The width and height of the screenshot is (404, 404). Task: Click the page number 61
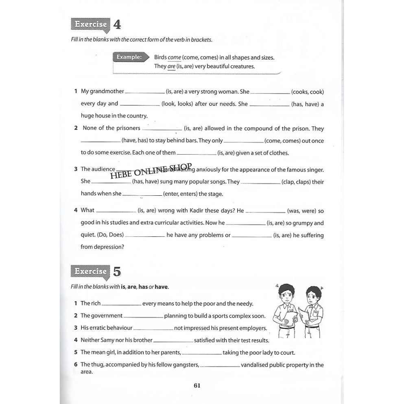point(197,386)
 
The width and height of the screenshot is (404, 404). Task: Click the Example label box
point(129,57)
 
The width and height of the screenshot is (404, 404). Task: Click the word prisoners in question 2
point(128,128)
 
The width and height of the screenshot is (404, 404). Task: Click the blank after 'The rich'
point(121,304)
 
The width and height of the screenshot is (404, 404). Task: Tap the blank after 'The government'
point(143,317)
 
